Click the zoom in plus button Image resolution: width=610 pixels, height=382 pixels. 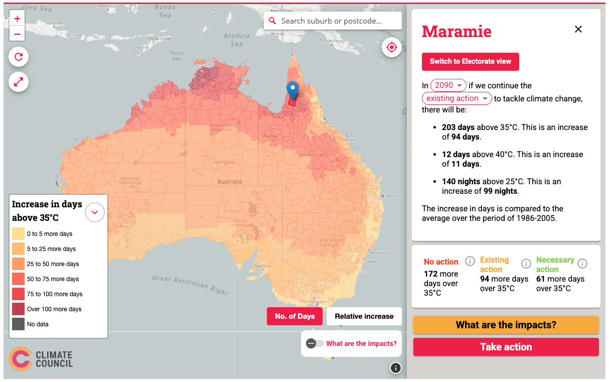(17, 19)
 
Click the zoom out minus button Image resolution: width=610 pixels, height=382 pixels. (17, 34)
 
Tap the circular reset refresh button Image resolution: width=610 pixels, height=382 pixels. (19, 57)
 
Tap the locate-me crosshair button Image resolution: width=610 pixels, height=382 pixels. (392, 47)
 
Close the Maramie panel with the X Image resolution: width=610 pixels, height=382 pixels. (578, 29)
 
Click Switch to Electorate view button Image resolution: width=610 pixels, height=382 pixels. (470, 61)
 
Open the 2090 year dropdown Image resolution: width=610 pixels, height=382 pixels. (448, 85)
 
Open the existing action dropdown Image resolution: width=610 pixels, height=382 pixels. (456, 98)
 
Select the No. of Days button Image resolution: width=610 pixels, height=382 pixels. (294, 316)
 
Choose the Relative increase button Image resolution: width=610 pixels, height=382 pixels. (364, 316)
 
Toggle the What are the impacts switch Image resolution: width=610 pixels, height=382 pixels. (315, 343)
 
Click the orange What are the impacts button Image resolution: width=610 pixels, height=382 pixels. (506, 325)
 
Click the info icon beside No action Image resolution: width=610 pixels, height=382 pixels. (470, 261)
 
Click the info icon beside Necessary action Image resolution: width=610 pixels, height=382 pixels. (582, 264)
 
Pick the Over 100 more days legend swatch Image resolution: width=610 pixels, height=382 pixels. (19, 309)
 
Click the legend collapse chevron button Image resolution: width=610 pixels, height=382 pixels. (95, 212)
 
